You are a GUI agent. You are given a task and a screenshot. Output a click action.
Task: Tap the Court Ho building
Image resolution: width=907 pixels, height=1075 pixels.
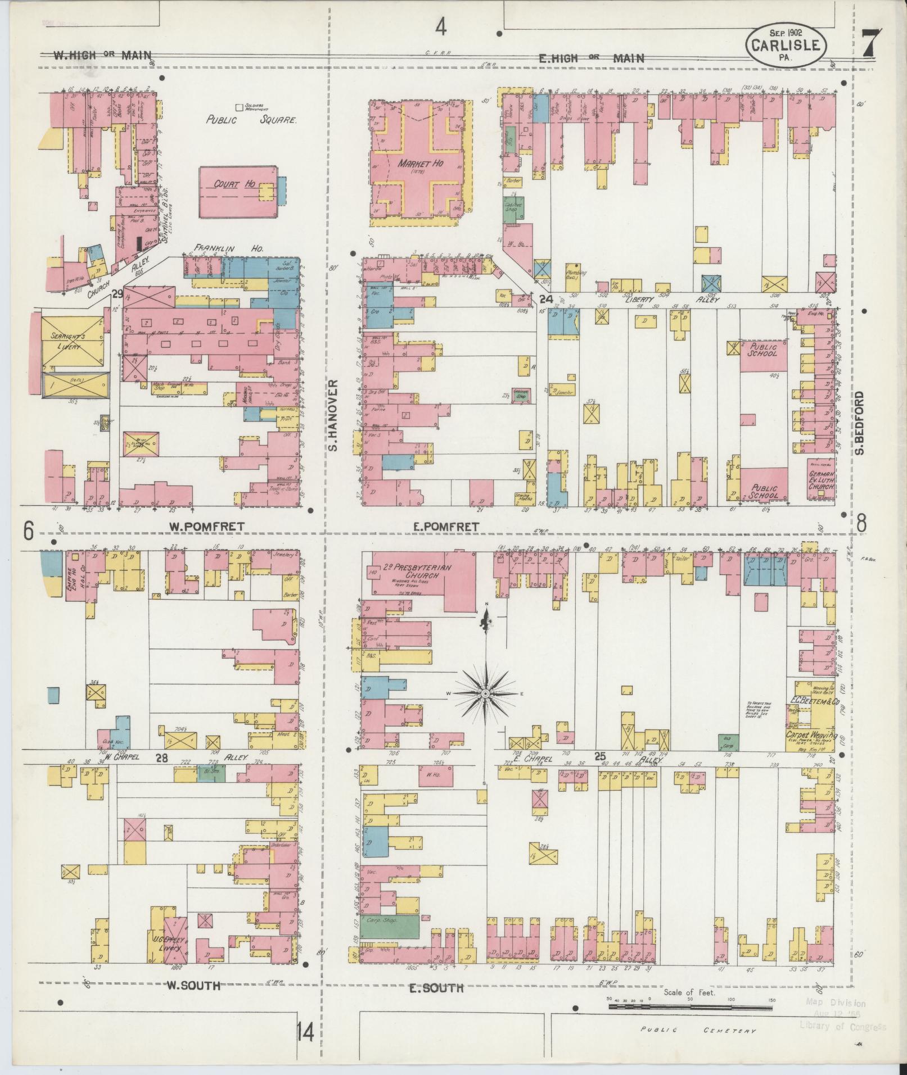click(238, 192)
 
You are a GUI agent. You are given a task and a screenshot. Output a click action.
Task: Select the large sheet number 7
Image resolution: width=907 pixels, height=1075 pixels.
click(870, 43)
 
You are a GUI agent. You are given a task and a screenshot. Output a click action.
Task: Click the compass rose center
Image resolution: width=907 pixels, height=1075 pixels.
click(485, 694)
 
